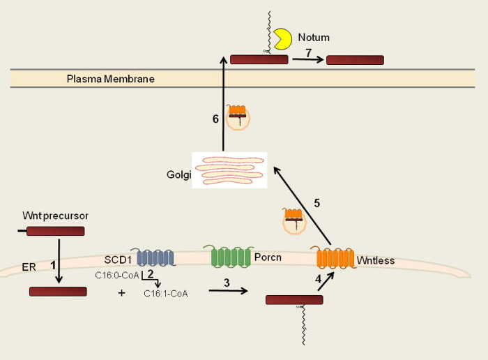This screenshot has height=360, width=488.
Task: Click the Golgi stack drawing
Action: [x=229, y=170]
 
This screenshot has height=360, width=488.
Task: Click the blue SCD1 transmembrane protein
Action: [x=155, y=257]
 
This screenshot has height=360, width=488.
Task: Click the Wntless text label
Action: [x=376, y=260]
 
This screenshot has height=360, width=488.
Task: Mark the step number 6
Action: [x=215, y=119]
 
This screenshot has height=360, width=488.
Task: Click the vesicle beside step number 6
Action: [x=238, y=117]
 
